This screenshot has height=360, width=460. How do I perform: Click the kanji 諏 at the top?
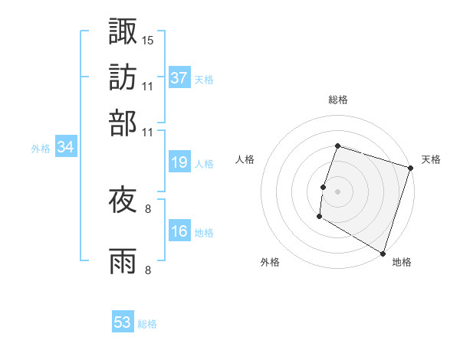(x=123, y=31)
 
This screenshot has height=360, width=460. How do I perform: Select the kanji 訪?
(x=123, y=77)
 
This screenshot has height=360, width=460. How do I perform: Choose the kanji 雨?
(x=123, y=261)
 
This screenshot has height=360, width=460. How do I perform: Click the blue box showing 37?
(x=179, y=78)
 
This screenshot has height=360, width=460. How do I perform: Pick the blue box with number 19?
(x=179, y=162)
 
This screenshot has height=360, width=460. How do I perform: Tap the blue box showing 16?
(x=179, y=231)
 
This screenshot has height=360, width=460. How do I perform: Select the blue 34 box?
(x=65, y=148)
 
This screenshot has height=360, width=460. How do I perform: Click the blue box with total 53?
(x=123, y=322)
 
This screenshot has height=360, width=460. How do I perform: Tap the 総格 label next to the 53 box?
(x=147, y=324)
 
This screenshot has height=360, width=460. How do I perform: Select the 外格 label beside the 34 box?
(x=41, y=149)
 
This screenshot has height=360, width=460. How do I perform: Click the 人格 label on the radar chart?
(x=245, y=159)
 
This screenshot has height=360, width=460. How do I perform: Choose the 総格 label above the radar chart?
(x=337, y=100)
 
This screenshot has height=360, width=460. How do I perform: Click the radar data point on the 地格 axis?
(x=383, y=253)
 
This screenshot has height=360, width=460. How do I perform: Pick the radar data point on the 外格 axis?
(x=319, y=217)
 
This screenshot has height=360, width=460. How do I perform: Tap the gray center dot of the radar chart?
(x=337, y=191)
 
